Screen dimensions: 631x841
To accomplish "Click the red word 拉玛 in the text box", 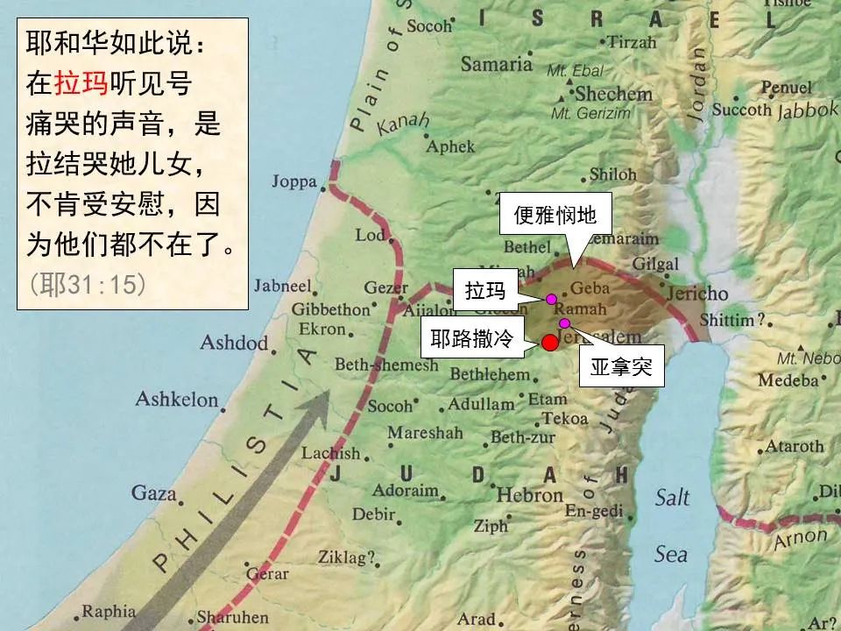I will [x=81, y=83].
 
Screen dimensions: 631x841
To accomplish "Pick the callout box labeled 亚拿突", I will [x=621, y=368].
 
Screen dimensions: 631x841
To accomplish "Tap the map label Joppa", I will [x=294, y=182].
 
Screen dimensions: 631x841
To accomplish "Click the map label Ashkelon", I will [x=176, y=400].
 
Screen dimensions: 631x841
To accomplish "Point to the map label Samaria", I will [x=496, y=64].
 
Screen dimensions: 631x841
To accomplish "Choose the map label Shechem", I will [x=614, y=94].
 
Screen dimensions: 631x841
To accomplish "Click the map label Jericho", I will [x=697, y=294].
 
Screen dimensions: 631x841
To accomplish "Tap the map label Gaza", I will [x=154, y=493].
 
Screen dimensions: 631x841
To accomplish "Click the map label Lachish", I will [x=330, y=453].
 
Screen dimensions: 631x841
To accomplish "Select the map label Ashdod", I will [x=234, y=342].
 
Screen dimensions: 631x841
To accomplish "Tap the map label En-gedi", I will [x=592, y=511].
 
